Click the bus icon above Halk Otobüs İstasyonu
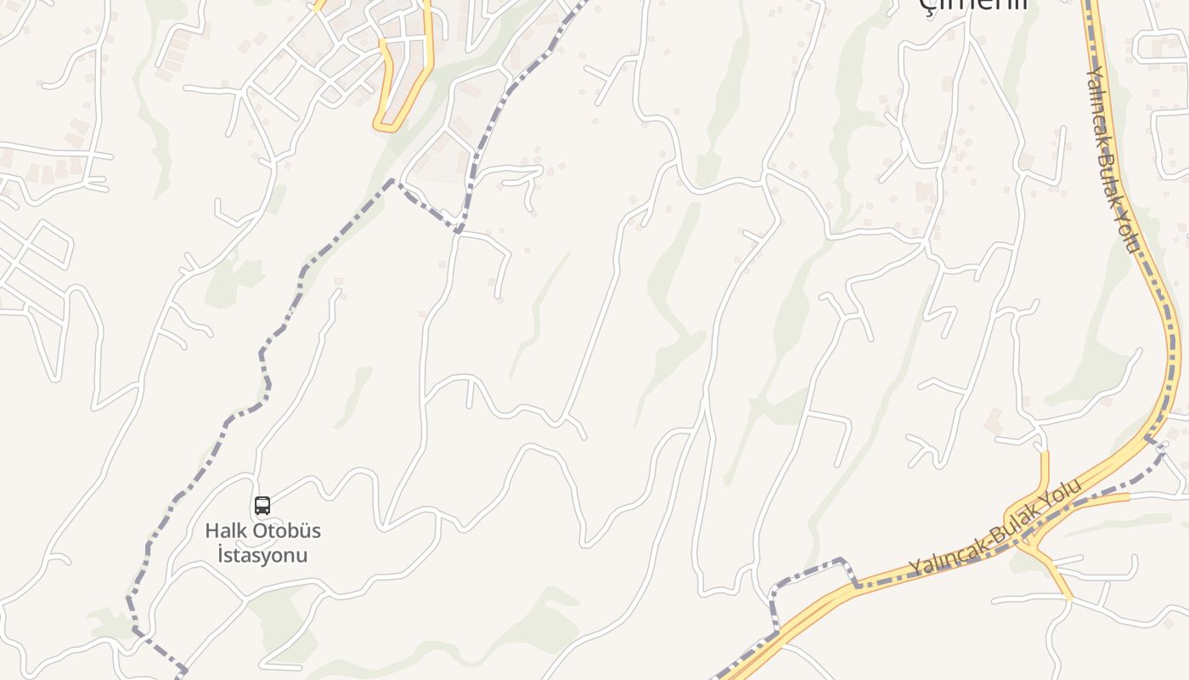pos(262,506)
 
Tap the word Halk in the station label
pos(227,531)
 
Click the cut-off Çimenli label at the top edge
pos(974,4)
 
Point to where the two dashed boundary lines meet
pos(459,229)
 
